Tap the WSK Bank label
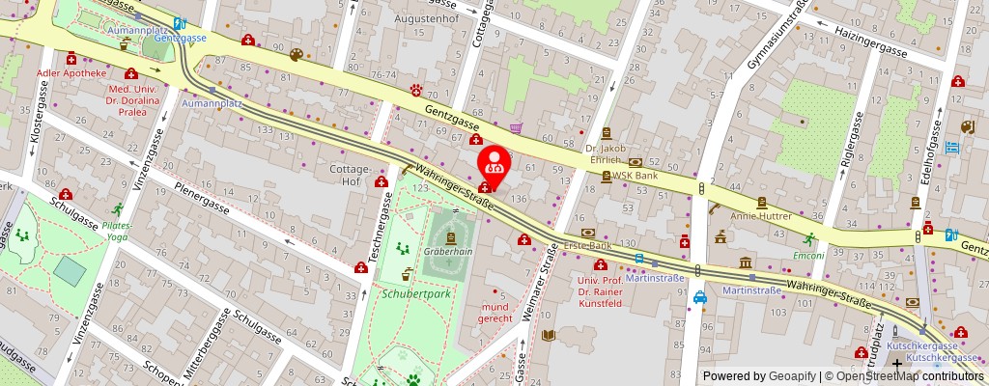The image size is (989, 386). tap(634, 177)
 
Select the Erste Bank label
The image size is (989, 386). tap(588, 246)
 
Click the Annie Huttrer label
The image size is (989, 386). tap(762, 216)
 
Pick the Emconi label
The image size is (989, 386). tap(807, 256)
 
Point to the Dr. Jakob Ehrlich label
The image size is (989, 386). tap(607, 154)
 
